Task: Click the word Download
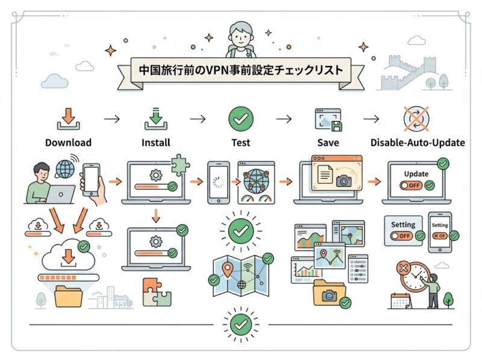(x=68, y=143)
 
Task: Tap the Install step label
(x=156, y=143)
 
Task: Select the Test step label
(x=240, y=143)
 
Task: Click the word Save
(x=328, y=143)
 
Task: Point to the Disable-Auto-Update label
(x=418, y=143)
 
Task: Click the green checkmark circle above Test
(x=240, y=119)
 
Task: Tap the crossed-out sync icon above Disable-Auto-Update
(x=416, y=119)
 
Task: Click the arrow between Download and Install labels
(x=112, y=119)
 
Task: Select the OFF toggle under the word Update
(x=411, y=185)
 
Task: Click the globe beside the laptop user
(x=65, y=169)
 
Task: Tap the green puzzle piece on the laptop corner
(x=180, y=164)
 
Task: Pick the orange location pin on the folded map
(x=227, y=270)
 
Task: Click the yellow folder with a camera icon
(x=330, y=293)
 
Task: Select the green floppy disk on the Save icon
(x=336, y=126)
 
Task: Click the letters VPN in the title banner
(x=216, y=70)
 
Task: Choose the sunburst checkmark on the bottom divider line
(x=240, y=324)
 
